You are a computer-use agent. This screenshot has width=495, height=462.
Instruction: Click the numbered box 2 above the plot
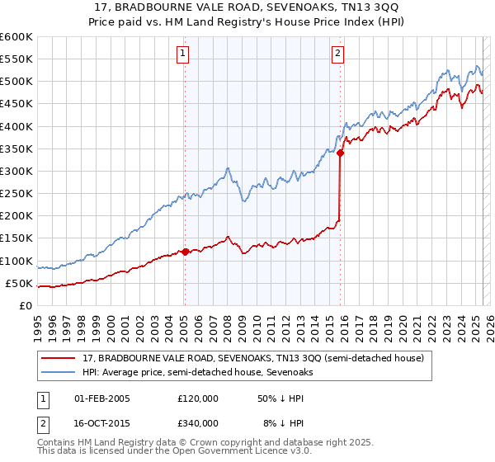point(338,54)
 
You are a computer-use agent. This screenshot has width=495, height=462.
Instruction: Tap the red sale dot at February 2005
point(185,252)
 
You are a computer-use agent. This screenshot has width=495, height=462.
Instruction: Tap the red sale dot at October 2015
point(341,153)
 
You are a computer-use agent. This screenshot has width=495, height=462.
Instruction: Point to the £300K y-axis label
point(16,171)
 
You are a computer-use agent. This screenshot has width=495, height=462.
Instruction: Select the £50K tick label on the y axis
point(19,283)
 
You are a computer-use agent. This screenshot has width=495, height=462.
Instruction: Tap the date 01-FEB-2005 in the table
point(102,398)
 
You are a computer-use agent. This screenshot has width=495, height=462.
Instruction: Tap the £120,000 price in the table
point(198,398)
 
